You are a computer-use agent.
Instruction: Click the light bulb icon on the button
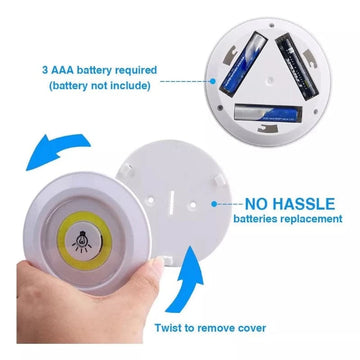point(82,241)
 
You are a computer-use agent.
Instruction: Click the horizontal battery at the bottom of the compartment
point(268,112)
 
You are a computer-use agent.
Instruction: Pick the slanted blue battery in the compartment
point(243,64)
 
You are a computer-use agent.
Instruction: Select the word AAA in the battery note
point(62,71)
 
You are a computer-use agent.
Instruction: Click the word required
point(136,71)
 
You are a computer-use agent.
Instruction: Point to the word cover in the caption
point(252,328)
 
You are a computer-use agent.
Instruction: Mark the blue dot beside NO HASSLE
point(214,204)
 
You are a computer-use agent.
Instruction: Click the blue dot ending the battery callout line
point(213,81)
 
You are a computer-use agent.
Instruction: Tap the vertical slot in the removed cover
point(170,203)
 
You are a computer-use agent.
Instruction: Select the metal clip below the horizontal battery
point(269,128)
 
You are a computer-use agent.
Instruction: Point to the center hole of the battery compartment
point(271,80)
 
